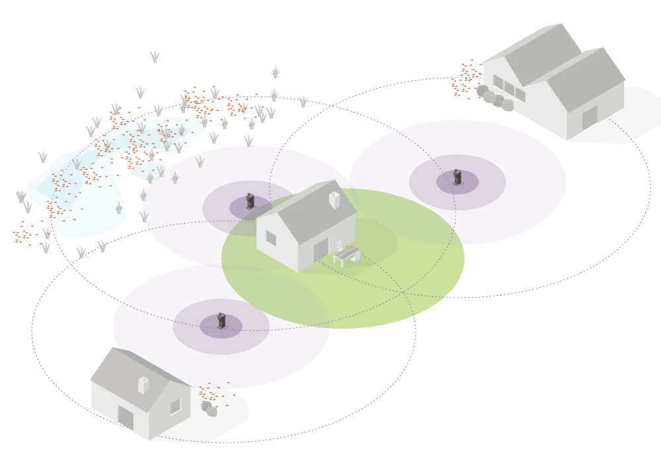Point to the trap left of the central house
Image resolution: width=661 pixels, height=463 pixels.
250,200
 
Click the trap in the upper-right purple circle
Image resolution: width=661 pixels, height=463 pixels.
456,177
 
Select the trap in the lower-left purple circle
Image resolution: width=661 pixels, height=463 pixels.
221,321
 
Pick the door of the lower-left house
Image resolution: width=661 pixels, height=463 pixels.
125,418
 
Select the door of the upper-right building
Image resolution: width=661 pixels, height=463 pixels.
588,118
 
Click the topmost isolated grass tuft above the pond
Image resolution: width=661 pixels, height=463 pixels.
155,55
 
